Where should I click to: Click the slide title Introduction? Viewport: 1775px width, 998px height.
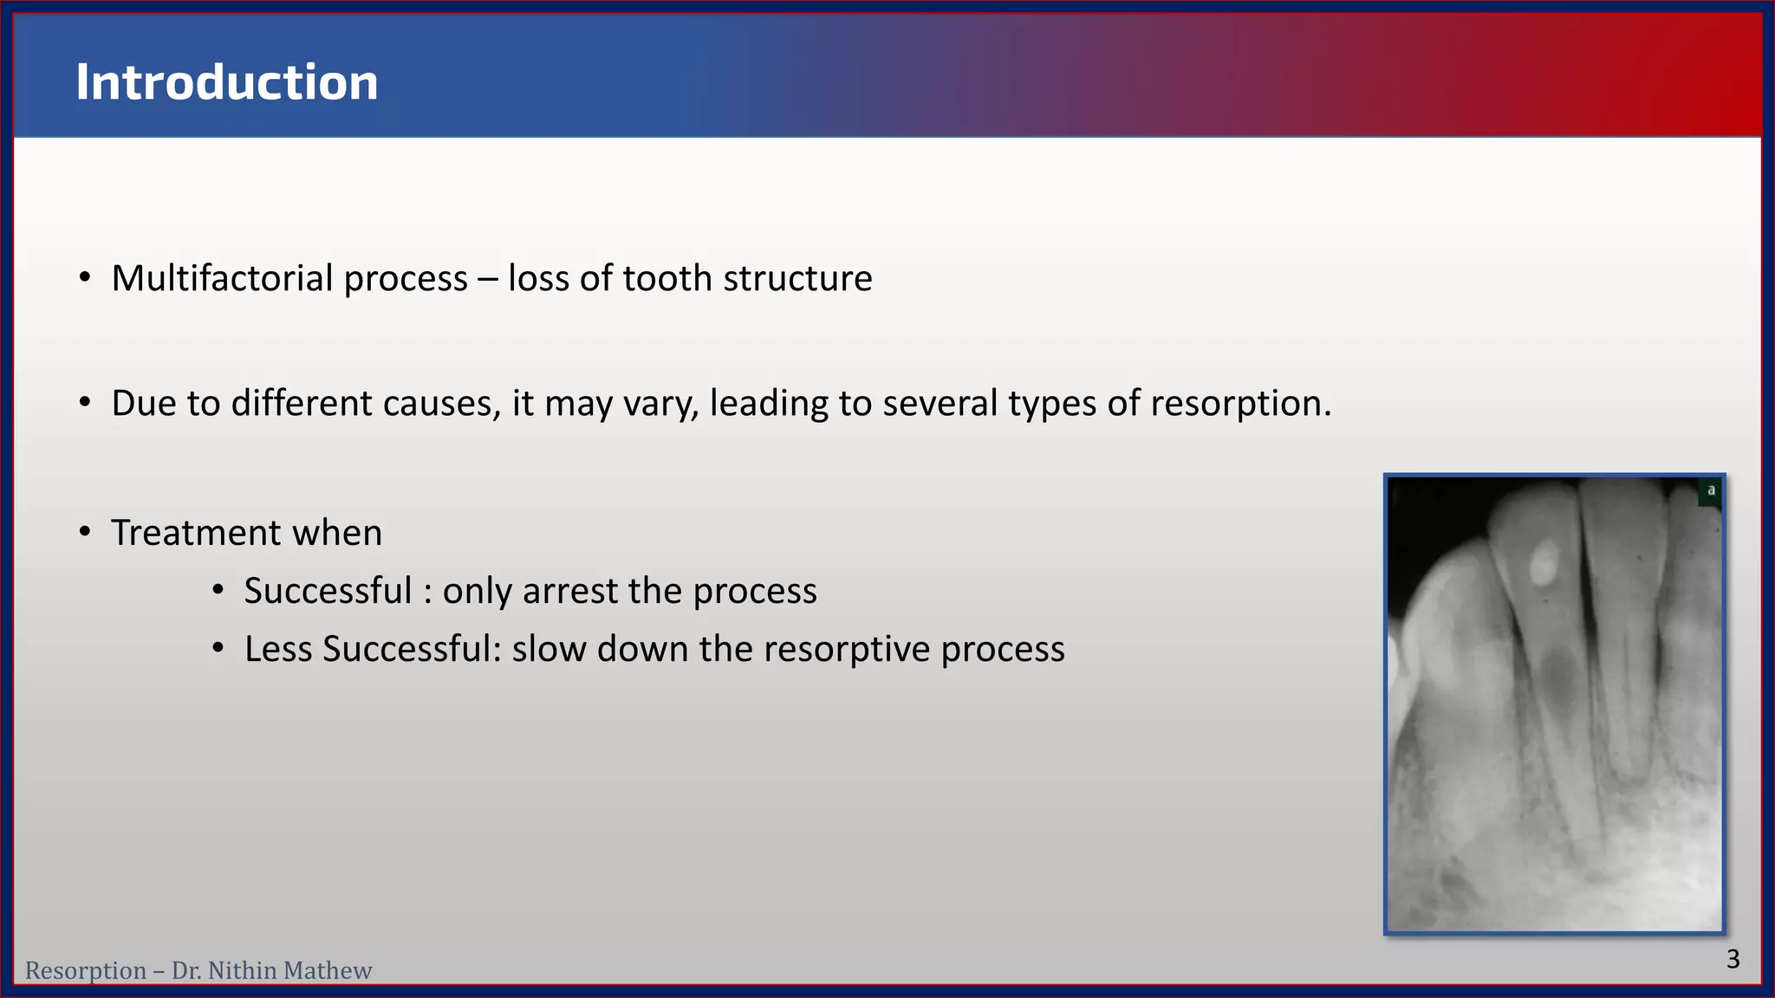pos(226,82)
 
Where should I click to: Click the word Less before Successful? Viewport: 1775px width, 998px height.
pos(277,649)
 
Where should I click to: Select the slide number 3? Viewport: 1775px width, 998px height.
pos(1733,959)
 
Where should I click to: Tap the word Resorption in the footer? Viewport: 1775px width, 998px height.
pos(85,970)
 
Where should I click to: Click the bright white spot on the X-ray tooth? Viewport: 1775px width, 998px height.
pos(1543,563)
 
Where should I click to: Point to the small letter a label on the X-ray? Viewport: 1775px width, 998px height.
pos(1711,490)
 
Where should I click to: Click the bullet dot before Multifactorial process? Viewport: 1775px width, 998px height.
pos(84,278)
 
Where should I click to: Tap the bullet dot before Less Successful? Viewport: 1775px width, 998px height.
pos(218,649)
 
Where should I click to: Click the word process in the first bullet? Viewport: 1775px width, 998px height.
pos(406,278)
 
